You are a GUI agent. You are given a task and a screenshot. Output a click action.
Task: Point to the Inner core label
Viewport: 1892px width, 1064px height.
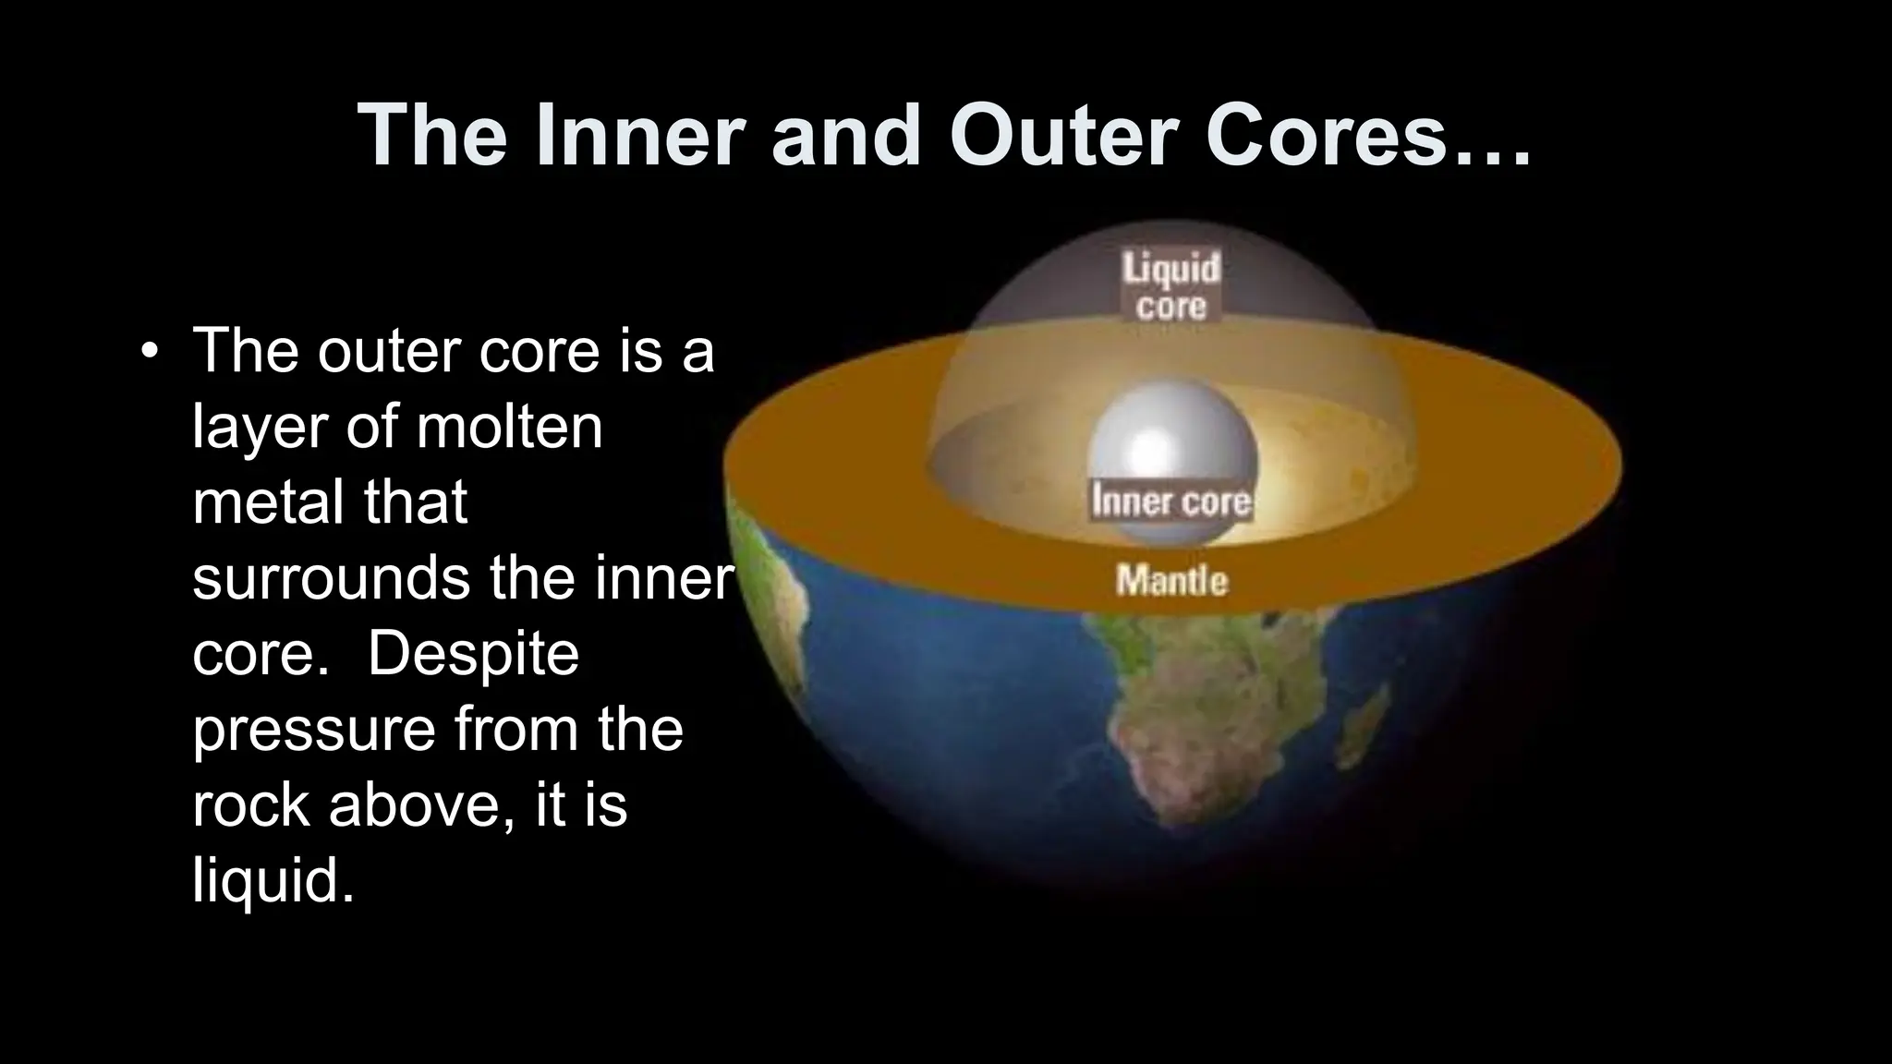coord(1170,502)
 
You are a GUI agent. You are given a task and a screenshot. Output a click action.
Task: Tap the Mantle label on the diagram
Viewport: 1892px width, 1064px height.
coord(1171,581)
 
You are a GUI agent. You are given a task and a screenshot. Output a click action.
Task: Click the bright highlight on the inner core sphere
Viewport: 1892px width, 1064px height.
coord(1148,448)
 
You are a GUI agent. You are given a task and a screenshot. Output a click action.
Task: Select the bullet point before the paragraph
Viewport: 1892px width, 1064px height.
coord(148,352)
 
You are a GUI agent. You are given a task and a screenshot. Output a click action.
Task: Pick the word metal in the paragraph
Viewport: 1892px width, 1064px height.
coord(268,502)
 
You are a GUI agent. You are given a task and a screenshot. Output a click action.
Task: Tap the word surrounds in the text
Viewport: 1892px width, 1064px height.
coord(334,578)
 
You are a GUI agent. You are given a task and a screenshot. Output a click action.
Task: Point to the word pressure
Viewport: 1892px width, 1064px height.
coord(313,730)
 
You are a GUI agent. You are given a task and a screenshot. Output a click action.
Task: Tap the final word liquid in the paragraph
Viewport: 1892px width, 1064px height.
coord(272,881)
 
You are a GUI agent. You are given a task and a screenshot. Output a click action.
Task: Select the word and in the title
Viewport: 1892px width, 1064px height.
coord(844,137)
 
